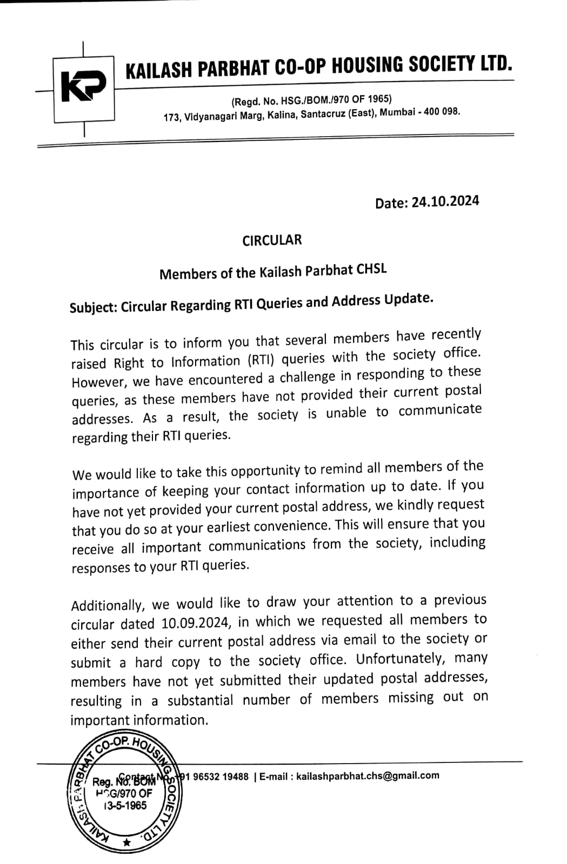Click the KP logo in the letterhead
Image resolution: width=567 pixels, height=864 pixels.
tap(83, 88)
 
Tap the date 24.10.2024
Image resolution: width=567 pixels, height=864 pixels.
tap(445, 201)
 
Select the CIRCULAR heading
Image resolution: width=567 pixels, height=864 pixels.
tap(272, 240)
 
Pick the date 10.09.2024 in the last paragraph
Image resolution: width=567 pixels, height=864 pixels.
tap(196, 623)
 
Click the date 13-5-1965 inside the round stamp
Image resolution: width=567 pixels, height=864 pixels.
tap(125, 805)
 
